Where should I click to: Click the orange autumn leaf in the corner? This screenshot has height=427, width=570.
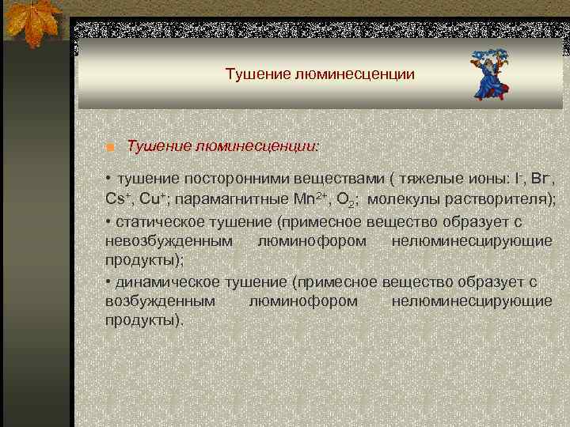(32, 24)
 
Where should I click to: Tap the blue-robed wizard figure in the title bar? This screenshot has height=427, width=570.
(491, 74)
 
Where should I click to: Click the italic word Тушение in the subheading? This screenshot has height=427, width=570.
(158, 145)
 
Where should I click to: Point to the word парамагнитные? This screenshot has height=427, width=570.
(237, 198)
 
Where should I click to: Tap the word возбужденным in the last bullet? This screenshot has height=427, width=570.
(159, 301)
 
